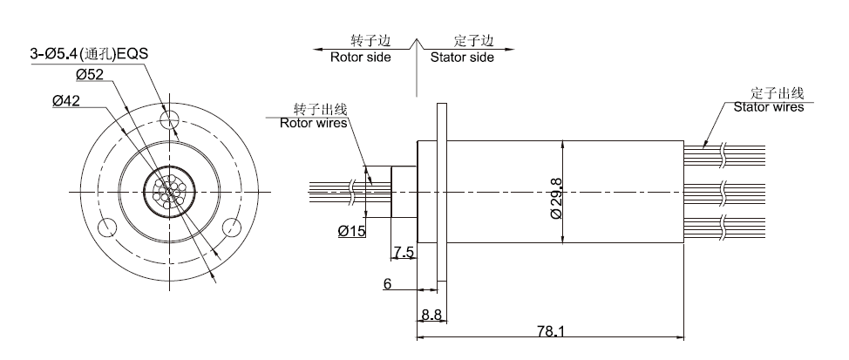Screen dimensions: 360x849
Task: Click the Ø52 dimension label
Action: pyautogui.click(x=91, y=75)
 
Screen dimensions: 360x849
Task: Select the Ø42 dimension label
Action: pyautogui.click(x=66, y=101)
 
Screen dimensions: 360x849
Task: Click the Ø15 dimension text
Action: pyautogui.click(x=352, y=230)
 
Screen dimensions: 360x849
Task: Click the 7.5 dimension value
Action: pyautogui.click(x=404, y=253)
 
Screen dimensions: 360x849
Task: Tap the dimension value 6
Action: pyautogui.click(x=386, y=283)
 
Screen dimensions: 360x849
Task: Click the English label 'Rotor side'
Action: pyautogui.click(x=360, y=58)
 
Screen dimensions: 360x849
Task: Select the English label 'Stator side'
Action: pyautogui.click(x=461, y=58)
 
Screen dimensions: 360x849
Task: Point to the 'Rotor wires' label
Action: pyautogui.click(x=313, y=123)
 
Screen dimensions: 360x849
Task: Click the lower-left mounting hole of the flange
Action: pyautogui.click(x=108, y=228)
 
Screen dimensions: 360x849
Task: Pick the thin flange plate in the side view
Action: pyautogui.click(x=442, y=191)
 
